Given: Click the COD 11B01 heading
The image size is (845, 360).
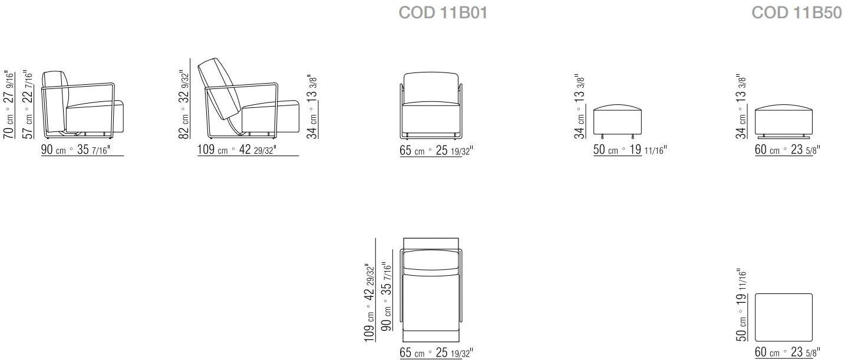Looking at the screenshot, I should (443, 13).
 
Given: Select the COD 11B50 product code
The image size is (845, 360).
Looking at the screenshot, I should (797, 13).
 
